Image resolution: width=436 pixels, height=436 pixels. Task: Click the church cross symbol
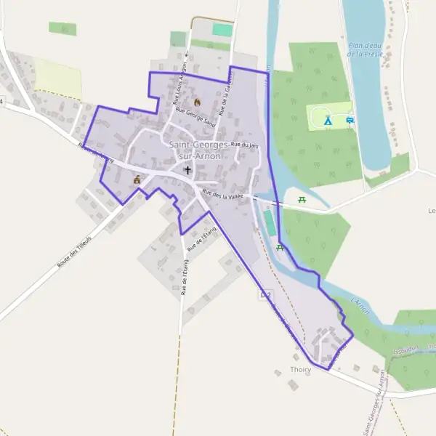187,169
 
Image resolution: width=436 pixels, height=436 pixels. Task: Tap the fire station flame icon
195,102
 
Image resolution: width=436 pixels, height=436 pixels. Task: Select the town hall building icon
137,179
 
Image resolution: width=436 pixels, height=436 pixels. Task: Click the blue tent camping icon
328,121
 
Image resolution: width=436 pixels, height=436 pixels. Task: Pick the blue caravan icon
350,120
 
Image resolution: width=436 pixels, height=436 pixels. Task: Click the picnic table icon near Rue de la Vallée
302,199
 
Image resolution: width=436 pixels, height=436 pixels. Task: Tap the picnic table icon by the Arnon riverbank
280,248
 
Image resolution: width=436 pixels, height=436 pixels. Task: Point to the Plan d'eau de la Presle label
365,49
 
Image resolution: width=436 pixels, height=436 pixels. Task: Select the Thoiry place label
300,370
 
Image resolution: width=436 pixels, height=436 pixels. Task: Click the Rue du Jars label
245,145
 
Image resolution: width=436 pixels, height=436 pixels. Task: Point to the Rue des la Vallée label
222,195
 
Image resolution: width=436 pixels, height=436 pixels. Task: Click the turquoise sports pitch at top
222,30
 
